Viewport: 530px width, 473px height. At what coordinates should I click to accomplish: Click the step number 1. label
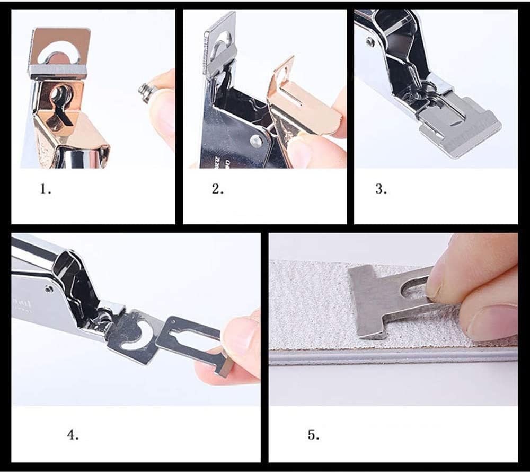coord(46,189)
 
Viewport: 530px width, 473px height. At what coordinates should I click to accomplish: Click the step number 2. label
coord(218,189)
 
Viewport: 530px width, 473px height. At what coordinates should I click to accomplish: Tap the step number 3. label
coord(381,189)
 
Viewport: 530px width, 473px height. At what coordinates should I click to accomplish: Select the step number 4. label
coord(73,434)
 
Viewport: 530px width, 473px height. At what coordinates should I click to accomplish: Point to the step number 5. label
coord(313,434)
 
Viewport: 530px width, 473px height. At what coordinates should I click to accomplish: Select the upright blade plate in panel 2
coord(218,45)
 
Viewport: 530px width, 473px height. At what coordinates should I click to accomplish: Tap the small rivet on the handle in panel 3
coord(370,42)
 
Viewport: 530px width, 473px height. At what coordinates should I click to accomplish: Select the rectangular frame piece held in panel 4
coord(191,339)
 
